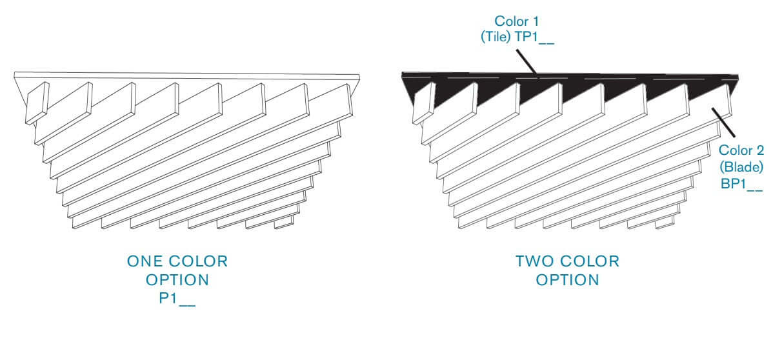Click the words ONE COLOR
(x=177, y=262)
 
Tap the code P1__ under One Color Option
(x=177, y=299)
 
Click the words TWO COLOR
(x=567, y=262)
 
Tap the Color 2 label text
(x=741, y=151)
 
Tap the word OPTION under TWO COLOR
(x=567, y=280)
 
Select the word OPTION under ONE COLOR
(x=177, y=280)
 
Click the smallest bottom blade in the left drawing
(x=283, y=224)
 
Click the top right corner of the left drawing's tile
(x=359, y=76)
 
